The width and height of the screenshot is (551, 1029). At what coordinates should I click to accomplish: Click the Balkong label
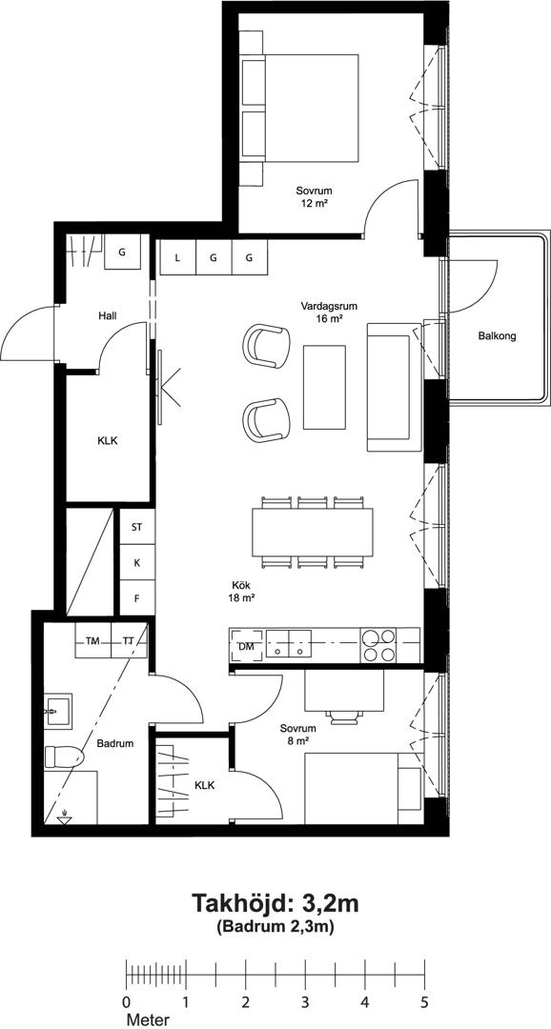[497, 336]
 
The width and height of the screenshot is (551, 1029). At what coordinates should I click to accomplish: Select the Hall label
[109, 315]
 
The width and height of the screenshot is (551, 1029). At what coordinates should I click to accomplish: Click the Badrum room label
[115, 743]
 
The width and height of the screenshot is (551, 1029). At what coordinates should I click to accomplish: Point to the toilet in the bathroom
[64, 758]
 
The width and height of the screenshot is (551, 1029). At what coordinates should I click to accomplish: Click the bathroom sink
[58, 711]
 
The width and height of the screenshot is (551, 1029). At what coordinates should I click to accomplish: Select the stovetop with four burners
[379, 645]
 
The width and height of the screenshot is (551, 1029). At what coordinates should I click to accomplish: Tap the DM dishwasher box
[246, 646]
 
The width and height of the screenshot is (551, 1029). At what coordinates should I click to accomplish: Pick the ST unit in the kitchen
[136, 527]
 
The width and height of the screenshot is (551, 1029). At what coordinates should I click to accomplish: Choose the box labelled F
[136, 597]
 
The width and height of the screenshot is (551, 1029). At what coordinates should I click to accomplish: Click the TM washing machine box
[92, 640]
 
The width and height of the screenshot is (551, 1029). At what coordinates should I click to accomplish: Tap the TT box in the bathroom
[129, 640]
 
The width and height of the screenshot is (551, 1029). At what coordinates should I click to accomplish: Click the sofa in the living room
[394, 387]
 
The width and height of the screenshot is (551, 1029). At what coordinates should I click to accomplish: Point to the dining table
[313, 533]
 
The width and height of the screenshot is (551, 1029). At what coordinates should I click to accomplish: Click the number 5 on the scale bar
[424, 1002]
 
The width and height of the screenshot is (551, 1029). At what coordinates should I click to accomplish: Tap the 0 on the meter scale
[126, 1002]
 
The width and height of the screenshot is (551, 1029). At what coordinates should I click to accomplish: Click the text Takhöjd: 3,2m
[275, 903]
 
